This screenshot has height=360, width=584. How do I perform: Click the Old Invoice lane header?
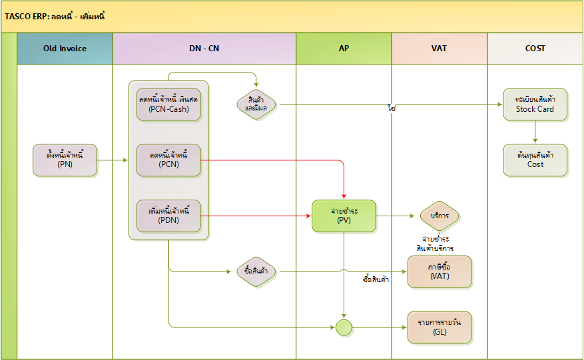[65, 49]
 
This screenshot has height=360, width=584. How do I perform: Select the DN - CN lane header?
[204, 49]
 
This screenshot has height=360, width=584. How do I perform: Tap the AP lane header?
[344, 49]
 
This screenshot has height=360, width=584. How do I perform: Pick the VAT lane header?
[439, 49]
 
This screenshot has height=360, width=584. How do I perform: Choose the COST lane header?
[535, 49]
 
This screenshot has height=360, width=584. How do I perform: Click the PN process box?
[65, 160]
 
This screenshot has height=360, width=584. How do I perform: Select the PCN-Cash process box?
[168, 104]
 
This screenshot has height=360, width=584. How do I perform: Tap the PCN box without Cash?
[168, 160]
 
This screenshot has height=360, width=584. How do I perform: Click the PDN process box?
[168, 216]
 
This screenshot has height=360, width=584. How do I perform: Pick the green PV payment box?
[344, 216]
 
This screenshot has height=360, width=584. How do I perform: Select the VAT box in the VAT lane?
[439, 271]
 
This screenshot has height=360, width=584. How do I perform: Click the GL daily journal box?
[439, 327]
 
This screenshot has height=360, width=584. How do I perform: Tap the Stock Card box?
[535, 104]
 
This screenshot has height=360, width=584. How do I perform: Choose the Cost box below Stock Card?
[535, 160]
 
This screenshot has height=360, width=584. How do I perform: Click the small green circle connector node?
[344, 327]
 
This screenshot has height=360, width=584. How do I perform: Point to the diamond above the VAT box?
[439, 216]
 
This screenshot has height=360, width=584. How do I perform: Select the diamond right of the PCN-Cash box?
[256, 104]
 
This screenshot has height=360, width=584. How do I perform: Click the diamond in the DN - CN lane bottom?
[256, 271]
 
